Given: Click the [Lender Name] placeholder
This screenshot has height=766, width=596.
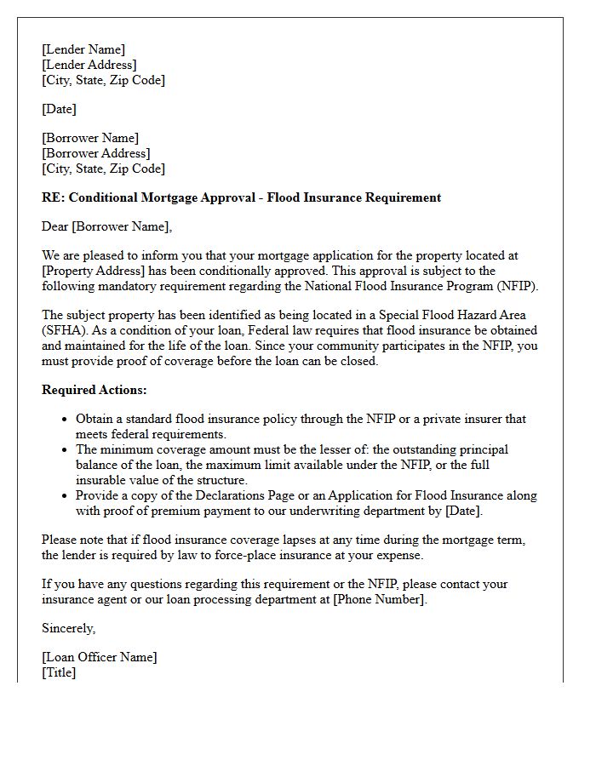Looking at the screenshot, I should tap(83, 49).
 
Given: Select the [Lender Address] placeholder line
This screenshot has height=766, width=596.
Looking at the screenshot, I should tap(89, 65).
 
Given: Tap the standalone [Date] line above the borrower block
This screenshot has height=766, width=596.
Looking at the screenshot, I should tap(59, 109).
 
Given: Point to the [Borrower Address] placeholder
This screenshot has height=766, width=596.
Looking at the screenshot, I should tap(95, 153).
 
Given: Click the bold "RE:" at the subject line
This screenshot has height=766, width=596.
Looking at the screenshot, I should tap(53, 197).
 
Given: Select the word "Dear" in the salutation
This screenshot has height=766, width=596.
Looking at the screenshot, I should tap(55, 226).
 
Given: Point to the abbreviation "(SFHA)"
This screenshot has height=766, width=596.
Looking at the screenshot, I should tap(62, 330).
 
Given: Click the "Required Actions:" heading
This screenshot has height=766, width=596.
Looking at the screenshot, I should tap(94, 390).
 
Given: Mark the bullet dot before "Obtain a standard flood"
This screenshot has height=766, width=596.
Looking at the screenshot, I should tap(65, 420).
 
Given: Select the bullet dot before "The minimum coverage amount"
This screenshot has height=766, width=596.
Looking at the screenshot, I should tap(65, 450).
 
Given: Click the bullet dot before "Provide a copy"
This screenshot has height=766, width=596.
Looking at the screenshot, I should tap(65, 496).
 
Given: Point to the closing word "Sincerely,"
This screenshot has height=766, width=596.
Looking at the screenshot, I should tap(68, 628).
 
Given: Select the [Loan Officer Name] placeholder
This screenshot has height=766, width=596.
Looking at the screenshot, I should tap(100, 657).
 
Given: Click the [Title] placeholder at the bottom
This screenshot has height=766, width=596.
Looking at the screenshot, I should tap(59, 672).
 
